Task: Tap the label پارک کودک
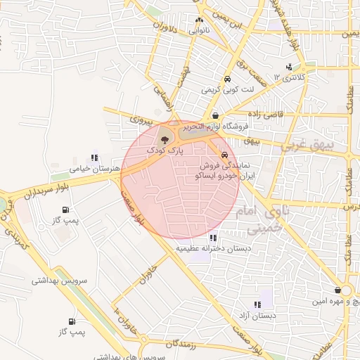point(165,150)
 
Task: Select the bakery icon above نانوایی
point(199,20)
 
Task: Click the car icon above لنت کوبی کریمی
point(227,79)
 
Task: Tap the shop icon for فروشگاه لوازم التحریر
point(214,115)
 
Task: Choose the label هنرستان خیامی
point(91,169)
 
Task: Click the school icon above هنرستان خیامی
point(94,157)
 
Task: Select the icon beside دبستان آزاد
point(257,304)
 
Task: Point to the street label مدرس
point(349,207)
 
